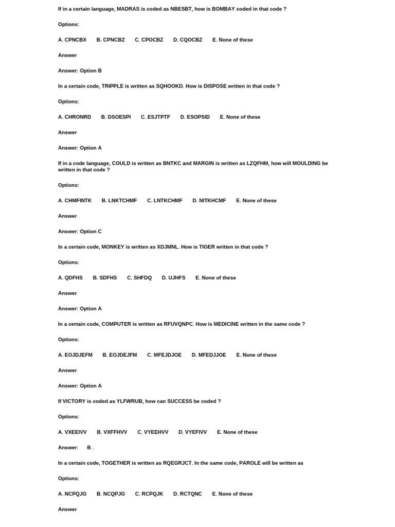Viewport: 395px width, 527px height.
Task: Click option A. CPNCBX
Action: point(72,40)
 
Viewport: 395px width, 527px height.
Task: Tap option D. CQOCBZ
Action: point(188,40)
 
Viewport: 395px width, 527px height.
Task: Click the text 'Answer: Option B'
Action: point(80,71)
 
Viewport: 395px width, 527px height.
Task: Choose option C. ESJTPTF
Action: point(155,117)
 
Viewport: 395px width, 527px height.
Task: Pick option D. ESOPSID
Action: point(195,117)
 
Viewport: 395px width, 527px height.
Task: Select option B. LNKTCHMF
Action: point(119,200)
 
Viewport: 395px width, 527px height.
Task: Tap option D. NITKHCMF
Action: point(209,200)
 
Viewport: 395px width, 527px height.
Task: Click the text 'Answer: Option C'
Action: point(80,231)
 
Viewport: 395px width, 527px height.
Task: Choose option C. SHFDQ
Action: point(139,277)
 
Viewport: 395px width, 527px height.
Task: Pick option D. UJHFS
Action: point(173,277)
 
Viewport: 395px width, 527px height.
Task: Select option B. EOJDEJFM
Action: point(120,355)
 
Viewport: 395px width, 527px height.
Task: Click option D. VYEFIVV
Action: point(192,432)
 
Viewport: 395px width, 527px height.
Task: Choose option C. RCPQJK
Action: point(149,494)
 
